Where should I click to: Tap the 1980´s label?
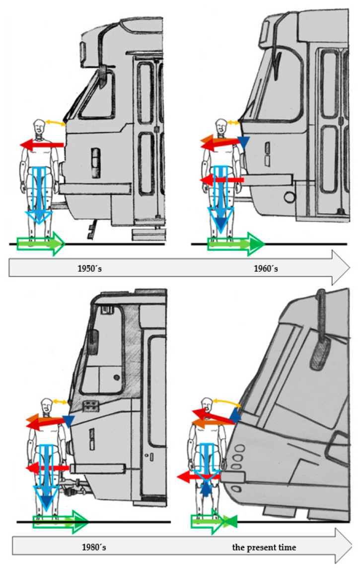(94, 547)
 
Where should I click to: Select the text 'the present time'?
(264, 547)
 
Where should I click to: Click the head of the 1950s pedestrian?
(40, 127)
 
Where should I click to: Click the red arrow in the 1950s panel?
(42, 144)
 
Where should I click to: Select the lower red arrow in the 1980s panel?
(47, 468)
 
